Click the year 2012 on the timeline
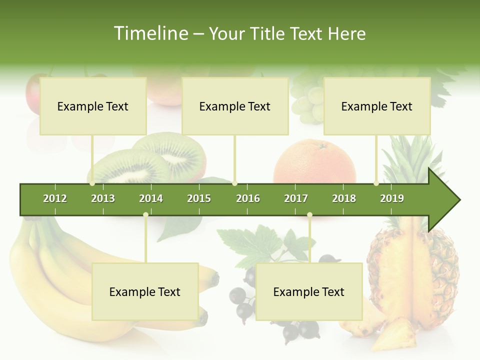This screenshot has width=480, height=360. (x=55, y=198)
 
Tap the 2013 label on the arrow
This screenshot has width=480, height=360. (x=103, y=198)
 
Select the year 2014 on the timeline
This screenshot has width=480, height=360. (x=151, y=198)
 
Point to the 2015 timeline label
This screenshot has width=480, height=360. (x=199, y=198)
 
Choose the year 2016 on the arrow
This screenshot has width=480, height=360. (x=248, y=198)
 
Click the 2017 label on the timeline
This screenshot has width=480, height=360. (x=296, y=198)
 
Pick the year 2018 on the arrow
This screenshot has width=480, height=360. (x=344, y=198)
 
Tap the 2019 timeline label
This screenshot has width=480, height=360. (x=392, y=198)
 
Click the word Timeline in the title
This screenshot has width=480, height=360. (x=150, y=33)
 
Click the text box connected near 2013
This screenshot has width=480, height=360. (x=93, y=106)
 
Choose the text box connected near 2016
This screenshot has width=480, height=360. (x=235, y=106)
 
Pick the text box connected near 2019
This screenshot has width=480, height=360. (x=377, y=106)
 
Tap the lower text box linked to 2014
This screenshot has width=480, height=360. (x=145, y=291)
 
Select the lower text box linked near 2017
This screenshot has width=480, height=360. (x=309, y=291)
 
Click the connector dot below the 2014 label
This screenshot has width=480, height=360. (x=145, y=215)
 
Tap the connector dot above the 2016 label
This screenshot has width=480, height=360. (x=235, y=183)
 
